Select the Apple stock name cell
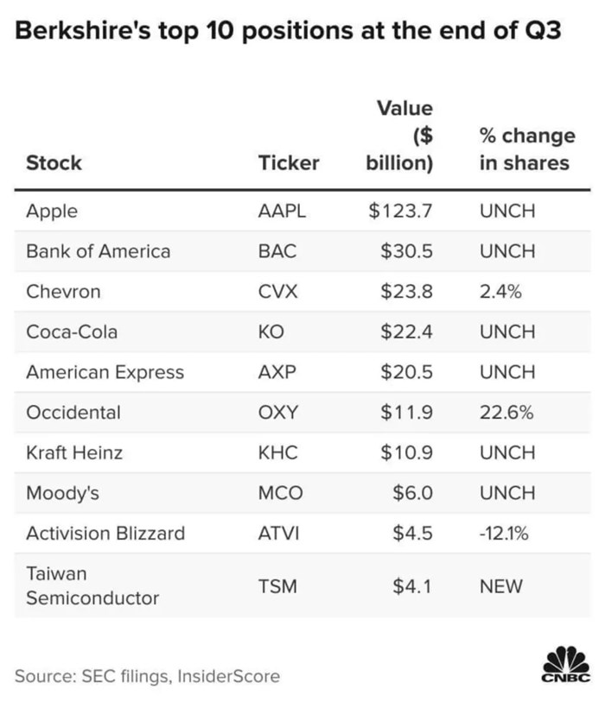tap(52, 211)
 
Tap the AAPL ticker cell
tap(282, 211)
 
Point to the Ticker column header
tap(289, 162)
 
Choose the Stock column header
tap(54, 162)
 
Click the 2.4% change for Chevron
tap(500, 292)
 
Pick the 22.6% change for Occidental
tap(506, 413)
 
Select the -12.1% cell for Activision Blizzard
tap(504, 533)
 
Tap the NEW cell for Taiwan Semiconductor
tap(501, 586)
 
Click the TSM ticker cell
tap(277, 586)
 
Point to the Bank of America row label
tap(98, 251)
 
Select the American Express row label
tap(105, 372)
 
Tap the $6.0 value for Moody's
tap(412, 493)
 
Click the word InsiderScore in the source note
tap(227, 676)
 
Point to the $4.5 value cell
tap(412, 533)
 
